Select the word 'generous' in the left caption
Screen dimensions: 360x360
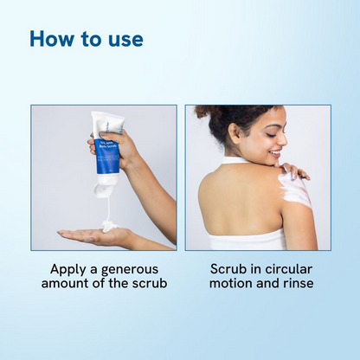pyautogui.click(x=140, y=270)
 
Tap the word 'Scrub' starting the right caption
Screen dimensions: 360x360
pyautogui.click(x=226, y=269)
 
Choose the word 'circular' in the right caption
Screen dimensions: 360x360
pyautogui.click(x=292, y=269)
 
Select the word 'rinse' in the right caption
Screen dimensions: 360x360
pyautogui.click(x=294, y=285)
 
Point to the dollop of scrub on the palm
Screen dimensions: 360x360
pyautogui.click(x=109, y=226)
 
